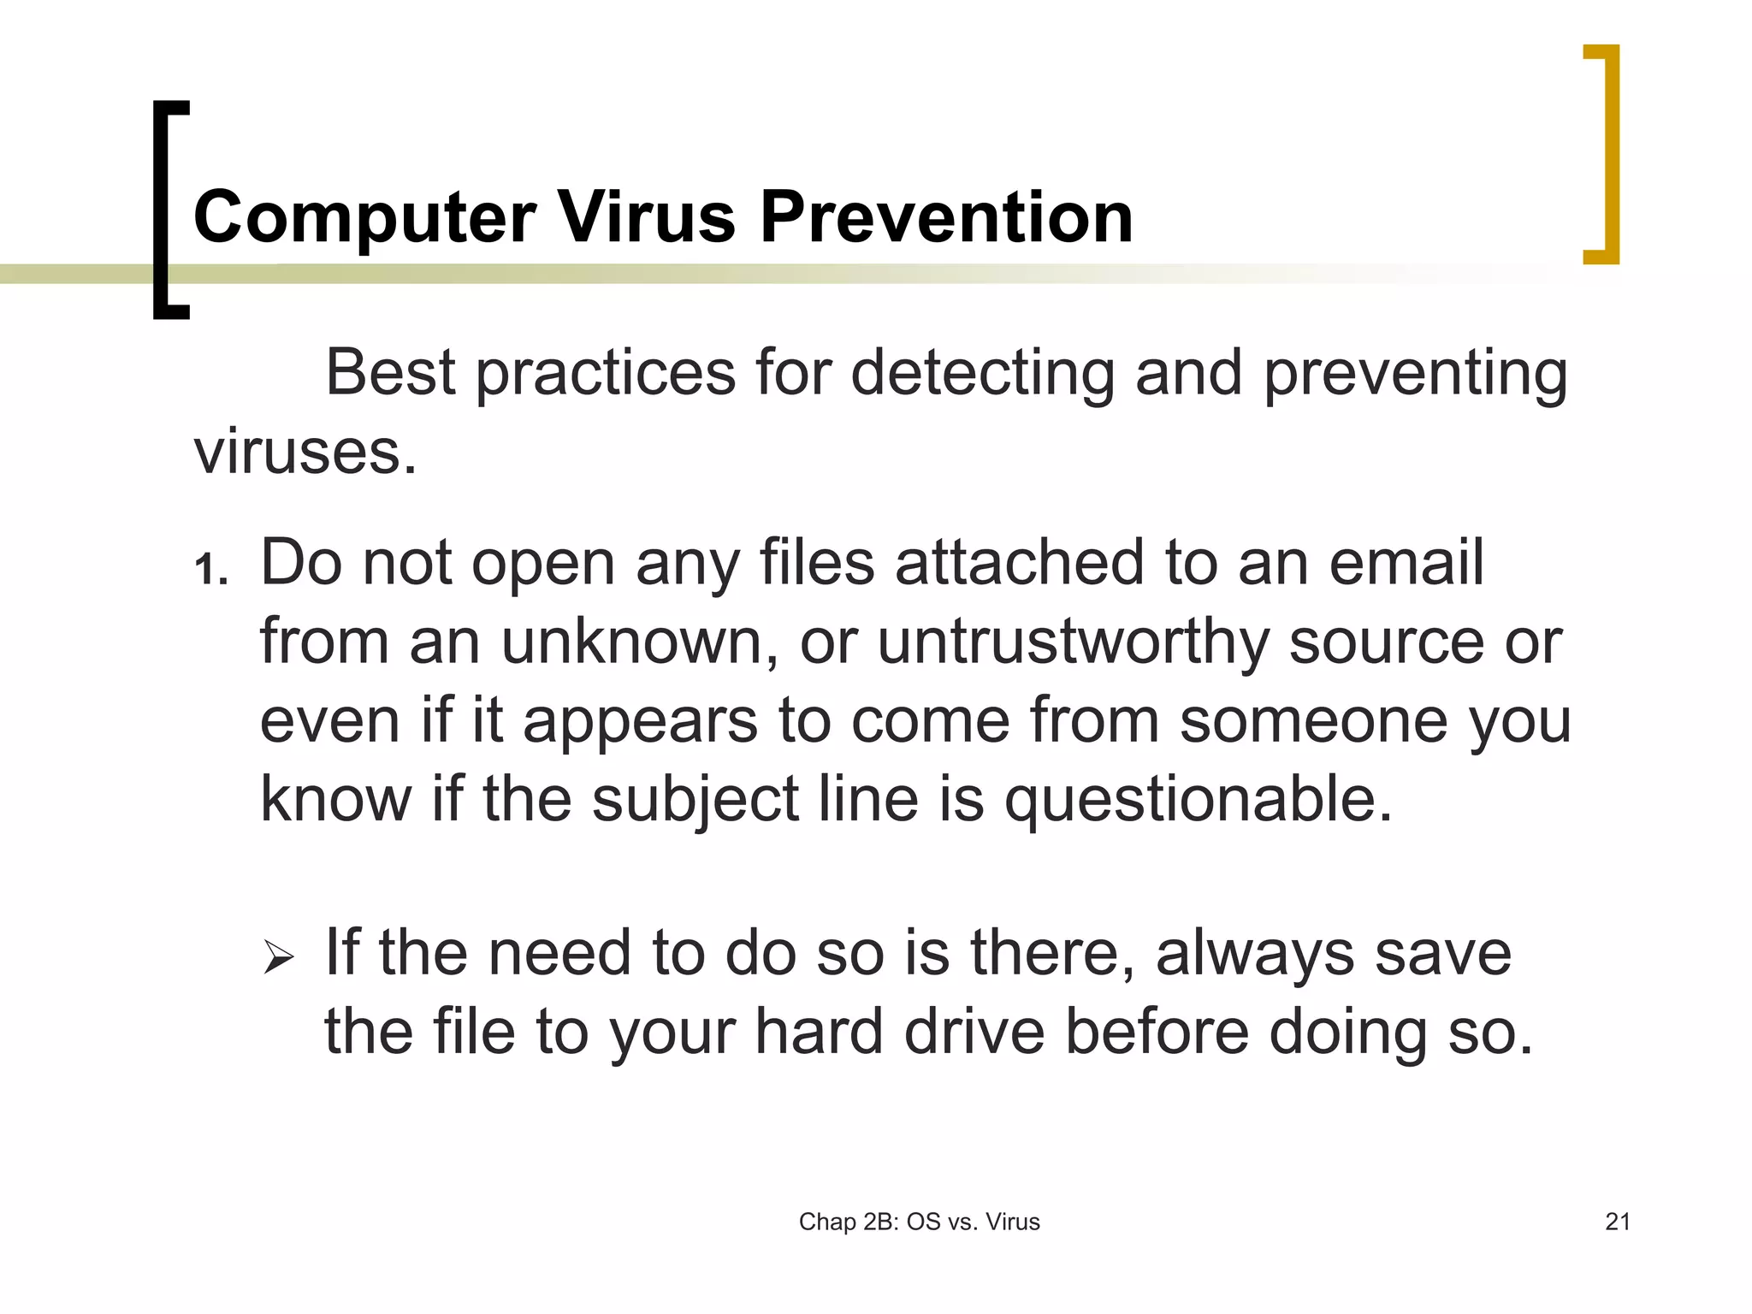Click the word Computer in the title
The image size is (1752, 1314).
(364, 218)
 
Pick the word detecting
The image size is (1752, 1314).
(983, 374)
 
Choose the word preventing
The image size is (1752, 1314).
(1416, 374)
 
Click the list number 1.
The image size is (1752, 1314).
(207, 570)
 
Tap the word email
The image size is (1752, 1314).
(1406, 563)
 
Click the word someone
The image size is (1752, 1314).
(1313, 720)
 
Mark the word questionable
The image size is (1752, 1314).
(1199, 800)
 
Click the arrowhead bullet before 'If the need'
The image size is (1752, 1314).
(279, 956)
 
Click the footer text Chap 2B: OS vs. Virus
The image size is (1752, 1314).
(919, 1222)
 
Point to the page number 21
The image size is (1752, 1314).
(1617, 1222)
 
